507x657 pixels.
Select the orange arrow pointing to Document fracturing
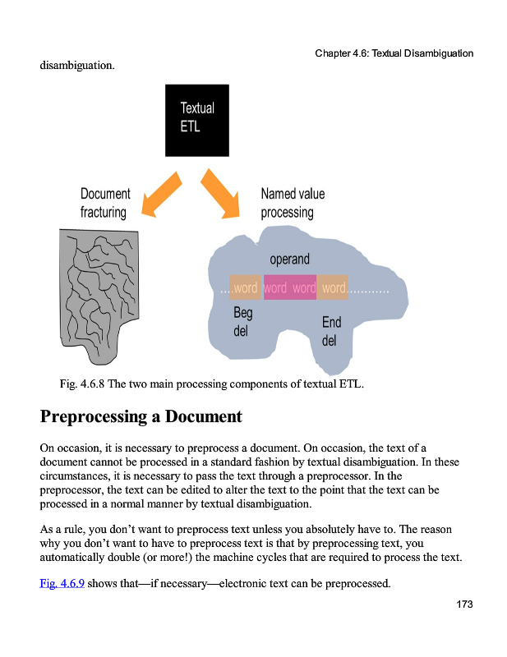162,194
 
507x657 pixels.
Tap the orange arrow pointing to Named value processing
219,193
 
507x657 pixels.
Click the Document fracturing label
104,203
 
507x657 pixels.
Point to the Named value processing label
292,203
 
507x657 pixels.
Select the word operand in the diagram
289,260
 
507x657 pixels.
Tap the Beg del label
243,322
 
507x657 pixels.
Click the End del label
331,331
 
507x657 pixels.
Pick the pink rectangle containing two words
290,288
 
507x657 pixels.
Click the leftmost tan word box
246,288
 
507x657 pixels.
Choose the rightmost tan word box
333,288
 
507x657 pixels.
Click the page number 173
464,604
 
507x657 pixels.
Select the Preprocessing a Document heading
141,416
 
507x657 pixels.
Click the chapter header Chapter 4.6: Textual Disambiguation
394,53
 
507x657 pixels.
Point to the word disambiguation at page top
77,66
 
